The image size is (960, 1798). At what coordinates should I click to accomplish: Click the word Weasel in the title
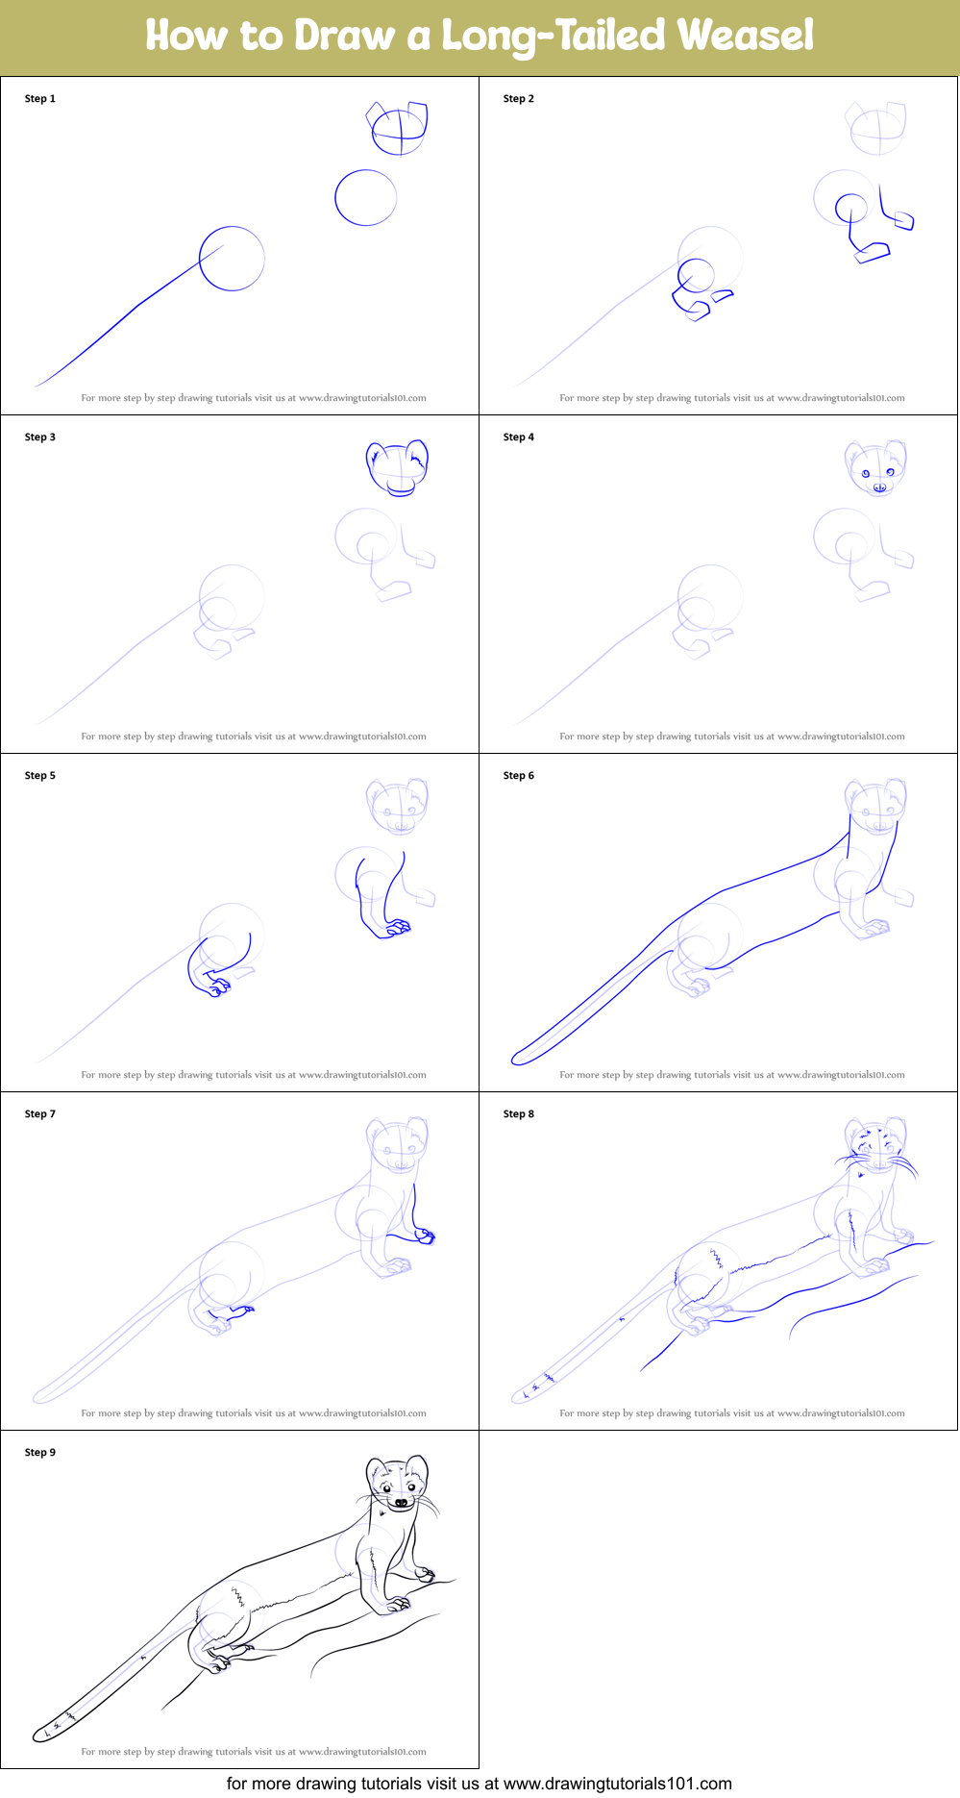click(745, 36)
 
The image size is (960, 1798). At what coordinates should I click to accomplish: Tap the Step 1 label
click(40, 99)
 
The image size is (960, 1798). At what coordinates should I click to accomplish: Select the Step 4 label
click(519, 437)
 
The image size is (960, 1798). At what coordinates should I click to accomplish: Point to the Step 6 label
click(519, 776)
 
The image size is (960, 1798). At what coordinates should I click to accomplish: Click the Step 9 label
click(40, 1453)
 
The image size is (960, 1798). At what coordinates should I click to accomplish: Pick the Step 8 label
click(519, 1114)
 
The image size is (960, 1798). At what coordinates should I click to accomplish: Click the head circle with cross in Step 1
click(400, 130)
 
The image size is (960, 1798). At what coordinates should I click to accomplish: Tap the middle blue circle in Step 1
click(365, 198)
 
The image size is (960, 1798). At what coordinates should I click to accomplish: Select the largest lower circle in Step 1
click(232, 259)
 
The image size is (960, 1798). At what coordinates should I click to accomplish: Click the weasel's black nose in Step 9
click(401, 1502)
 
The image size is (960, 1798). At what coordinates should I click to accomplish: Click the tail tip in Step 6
click(520, 1058)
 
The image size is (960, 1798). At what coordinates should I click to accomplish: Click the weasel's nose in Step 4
click(879, 487)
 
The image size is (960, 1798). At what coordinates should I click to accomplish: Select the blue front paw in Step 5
click(396, 928)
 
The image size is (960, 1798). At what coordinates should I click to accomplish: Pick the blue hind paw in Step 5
click(219, 986)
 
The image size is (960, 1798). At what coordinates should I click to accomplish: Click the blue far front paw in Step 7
click(425, 1236)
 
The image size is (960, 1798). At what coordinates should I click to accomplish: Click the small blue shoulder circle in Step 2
click(850, 207)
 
